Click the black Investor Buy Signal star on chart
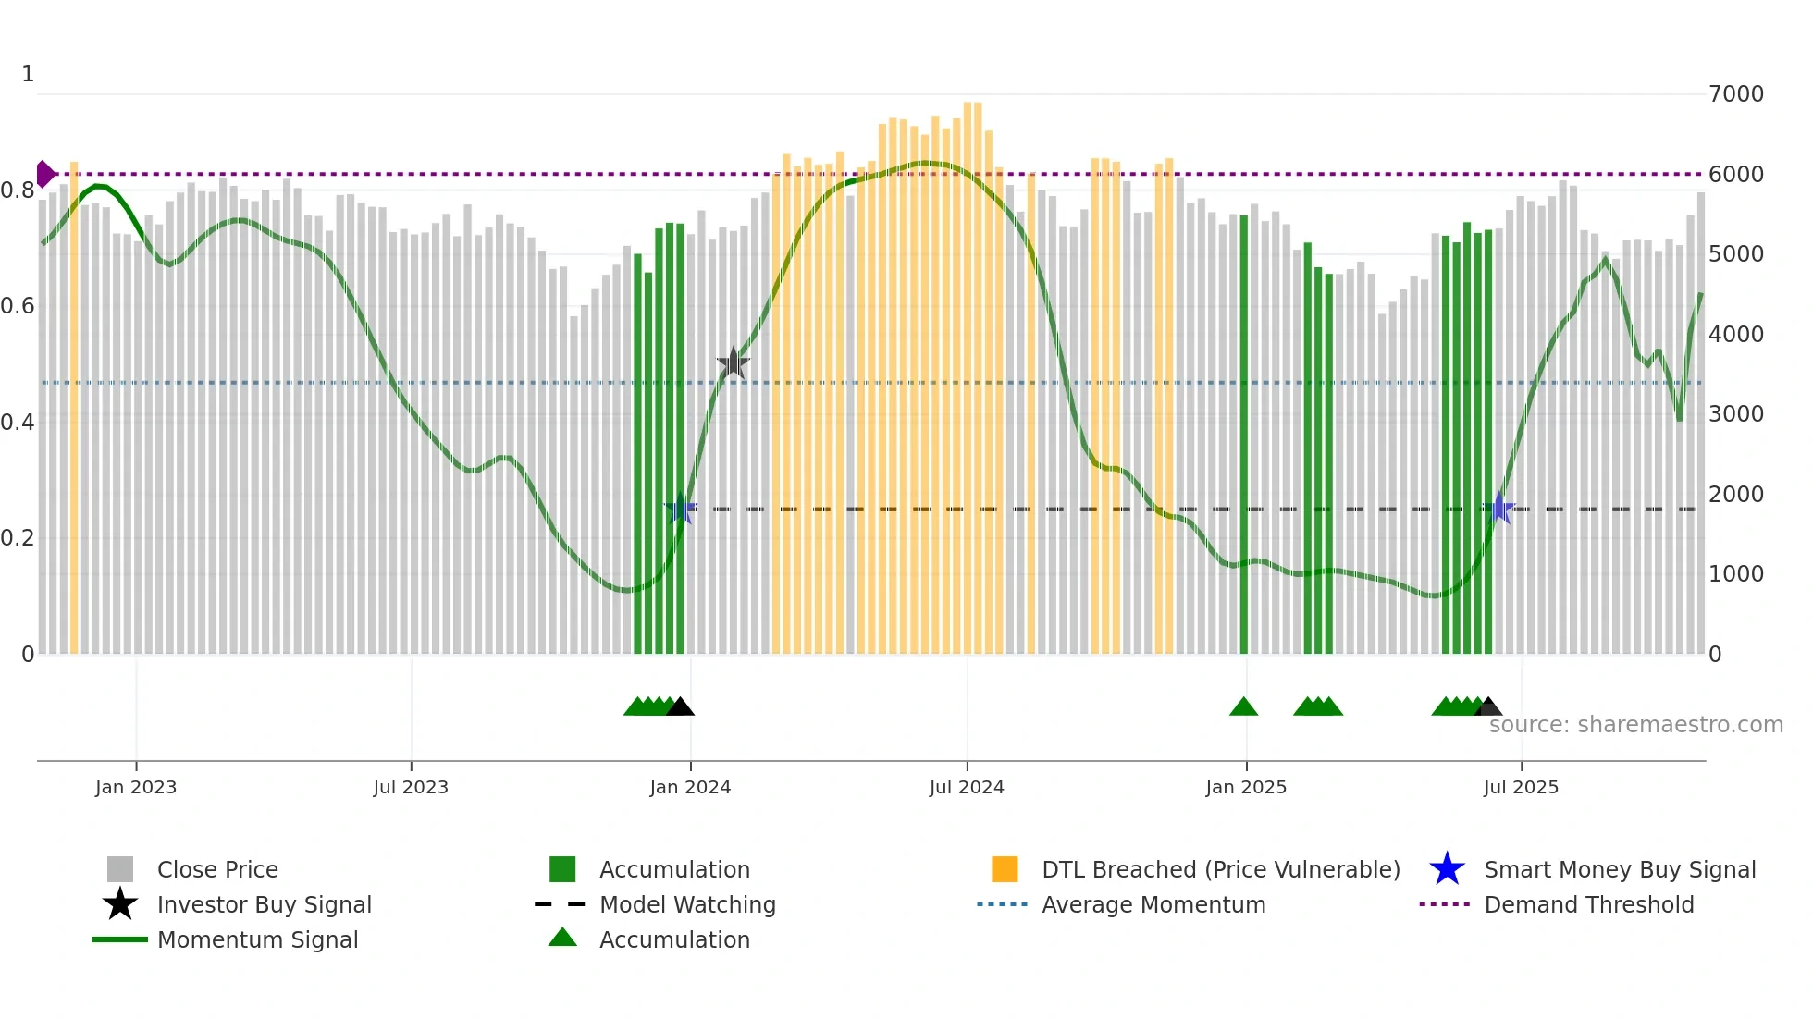coord(734,363)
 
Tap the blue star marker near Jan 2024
coord(681,509)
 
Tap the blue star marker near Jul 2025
coord(1499,509)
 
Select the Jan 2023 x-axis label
coord(136,787)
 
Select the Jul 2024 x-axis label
coord(967,787)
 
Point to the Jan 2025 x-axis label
coord(1246,787)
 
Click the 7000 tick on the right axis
coord(1736,94)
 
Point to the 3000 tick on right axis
coord(1736,414)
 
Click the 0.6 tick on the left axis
coord(18,306)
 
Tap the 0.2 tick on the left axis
coord(18,538)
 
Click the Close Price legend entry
coord(217,869)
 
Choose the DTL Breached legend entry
coord(1220,869)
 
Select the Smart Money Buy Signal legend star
coord(1448,869)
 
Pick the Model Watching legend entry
coord(687,904)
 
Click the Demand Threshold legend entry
coord(1588,904)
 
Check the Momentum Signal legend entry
coord(257,939)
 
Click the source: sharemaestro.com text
coord(1635,724)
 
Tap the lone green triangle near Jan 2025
coord(1243,707)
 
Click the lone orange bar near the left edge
coord(74,407)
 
